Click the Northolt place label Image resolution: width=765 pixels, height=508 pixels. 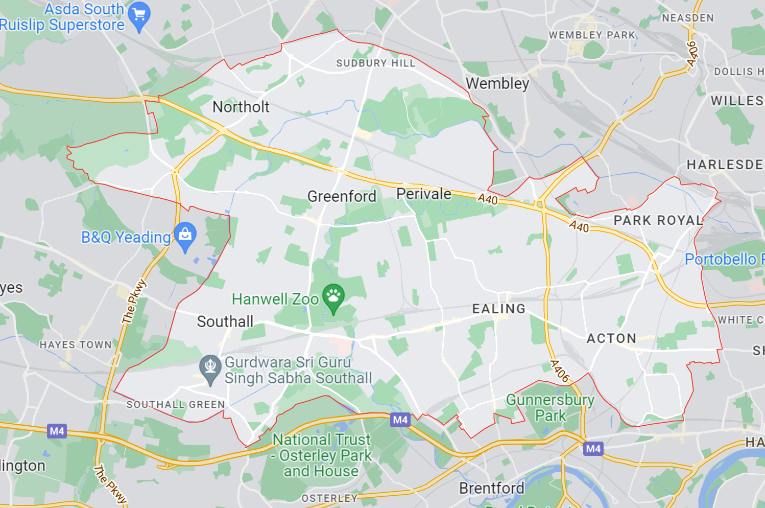pos(241,107)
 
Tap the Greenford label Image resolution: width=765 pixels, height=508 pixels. pos(342,196)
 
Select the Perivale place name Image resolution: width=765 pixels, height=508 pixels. pos(424,194)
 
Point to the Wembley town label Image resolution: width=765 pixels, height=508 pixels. pos(497,83)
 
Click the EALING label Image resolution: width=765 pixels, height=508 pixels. pos(498,309)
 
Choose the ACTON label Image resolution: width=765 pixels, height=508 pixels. pos(611,338)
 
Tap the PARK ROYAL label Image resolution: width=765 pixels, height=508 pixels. pos(658,220)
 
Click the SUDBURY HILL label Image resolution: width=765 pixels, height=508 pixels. pos(375,63)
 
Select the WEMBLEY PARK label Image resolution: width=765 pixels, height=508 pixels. pos(592,35)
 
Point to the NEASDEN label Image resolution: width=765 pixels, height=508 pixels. pos(688,18)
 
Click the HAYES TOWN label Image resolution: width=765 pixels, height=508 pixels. pos(76,345)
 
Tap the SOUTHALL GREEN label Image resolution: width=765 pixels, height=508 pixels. pos(176,405)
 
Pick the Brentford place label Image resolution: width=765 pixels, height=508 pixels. pos(491,488)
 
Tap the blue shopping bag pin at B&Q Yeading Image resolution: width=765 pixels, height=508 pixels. pos(185,235)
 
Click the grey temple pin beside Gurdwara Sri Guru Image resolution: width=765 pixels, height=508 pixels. pos(210,368)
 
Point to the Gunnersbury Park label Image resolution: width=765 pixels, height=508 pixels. pos(551,407)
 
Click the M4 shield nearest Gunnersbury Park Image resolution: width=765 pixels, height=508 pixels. pos(593,449)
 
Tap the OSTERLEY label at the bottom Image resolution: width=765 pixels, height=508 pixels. pos(329,498)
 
